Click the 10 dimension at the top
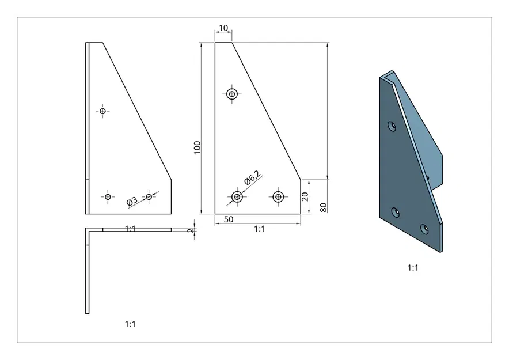tap(223, 28)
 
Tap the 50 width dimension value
tap(229, 219)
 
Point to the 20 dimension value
tap(305, 196)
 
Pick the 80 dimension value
tap(324, 207)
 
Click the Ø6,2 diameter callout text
tap(252, 177)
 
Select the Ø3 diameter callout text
tap(132, 201)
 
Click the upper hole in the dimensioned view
tap(232, 94)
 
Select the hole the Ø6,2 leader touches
tap(237, 197)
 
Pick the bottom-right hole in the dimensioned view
tap(279, 197)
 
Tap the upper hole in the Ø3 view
tap(103, 111)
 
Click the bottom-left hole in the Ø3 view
tap(108, 197)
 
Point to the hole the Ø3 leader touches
tap(149, 197)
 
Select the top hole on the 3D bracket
tap(392, 126)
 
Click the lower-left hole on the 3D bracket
tap(395, 213)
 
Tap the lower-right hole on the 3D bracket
tap(424, 229)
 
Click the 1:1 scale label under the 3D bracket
tap(412, 268)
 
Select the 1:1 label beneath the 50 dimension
tap(259, 229)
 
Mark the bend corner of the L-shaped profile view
tap(88, 230)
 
